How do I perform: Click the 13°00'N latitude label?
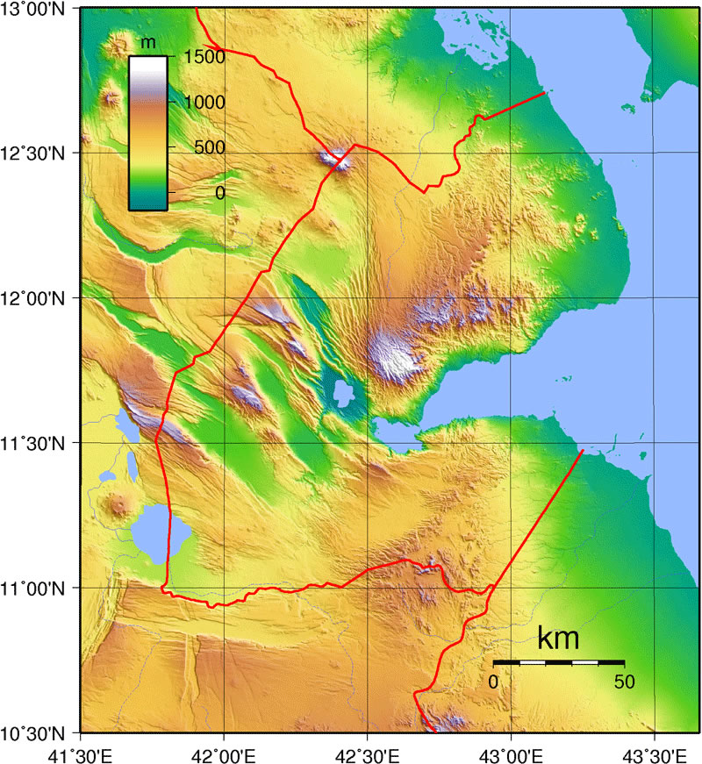point(38,9)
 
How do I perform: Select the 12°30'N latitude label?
point(38,154)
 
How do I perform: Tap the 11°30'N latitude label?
point(38,444)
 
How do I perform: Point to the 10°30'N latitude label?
point(38,732)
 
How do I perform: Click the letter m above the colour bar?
point(147,43)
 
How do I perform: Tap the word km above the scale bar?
point(558,639)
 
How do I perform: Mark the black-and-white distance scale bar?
point(558,661)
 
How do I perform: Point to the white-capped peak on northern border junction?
point(333,159)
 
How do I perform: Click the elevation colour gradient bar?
point(147,132)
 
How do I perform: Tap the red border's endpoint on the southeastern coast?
point(583,451)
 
